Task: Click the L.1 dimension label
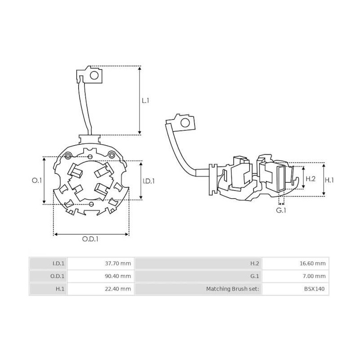point(145,101)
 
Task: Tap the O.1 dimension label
point(37,180)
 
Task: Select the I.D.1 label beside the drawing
point(148,181)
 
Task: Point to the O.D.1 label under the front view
point(90,239)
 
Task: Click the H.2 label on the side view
point(310,179)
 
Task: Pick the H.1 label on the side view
point(329,180)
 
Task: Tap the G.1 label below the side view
point(281,210)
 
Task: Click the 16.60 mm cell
point(314,263)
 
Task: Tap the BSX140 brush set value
point(316,288)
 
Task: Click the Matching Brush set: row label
point(232,288)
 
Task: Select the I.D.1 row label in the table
point(59,263)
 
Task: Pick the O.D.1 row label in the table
point(58,276)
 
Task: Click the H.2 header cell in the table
point(254,263)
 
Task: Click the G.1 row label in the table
point(254,276)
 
